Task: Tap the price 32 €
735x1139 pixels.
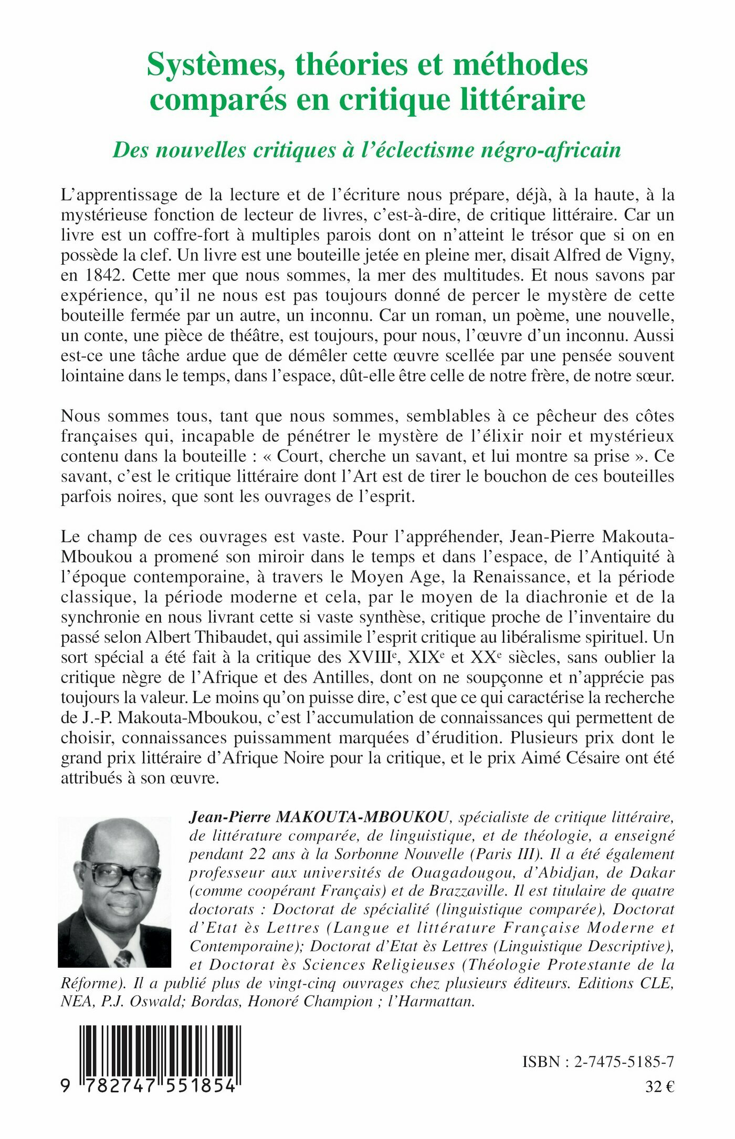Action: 659,1087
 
